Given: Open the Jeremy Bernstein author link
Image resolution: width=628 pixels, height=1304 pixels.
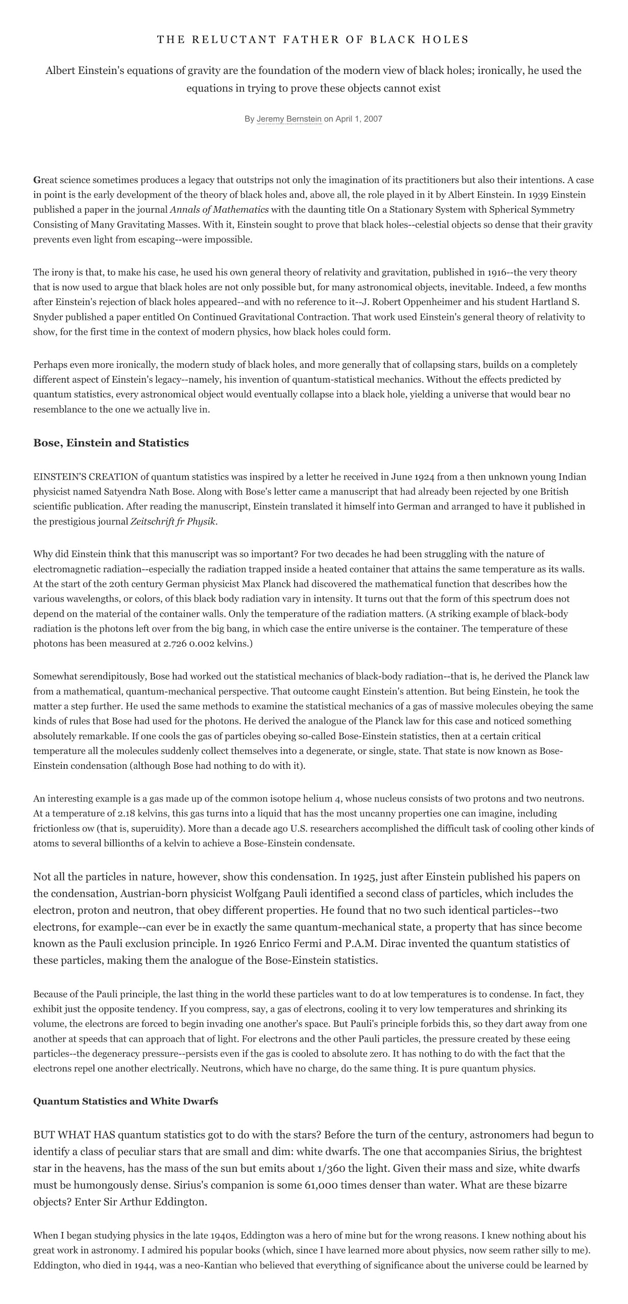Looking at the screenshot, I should pyautogui.click(x=289, y=119).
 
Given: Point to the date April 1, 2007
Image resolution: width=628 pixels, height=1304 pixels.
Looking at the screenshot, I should pyautogui.click(x=358, y=119).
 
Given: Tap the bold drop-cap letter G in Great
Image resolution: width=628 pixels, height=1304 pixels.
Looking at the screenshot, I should pyautogui.click(x=37, y=180).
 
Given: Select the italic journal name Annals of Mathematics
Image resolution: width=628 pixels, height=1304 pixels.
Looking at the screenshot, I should pyautogui.click(x=219, y=210).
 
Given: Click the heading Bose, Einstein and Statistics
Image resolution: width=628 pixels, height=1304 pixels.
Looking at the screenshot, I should pyautogui.click(x=111, y=443).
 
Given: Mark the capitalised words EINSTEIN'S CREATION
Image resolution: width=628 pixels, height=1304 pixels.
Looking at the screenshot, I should pyautogui.click(x=86, y=477).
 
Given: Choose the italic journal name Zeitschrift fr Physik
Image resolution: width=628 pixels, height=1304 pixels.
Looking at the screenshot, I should pyautogui.click(x=173, y=522).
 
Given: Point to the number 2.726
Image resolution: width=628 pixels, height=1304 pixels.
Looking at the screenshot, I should pyautogui.click(x=173, y=643).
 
